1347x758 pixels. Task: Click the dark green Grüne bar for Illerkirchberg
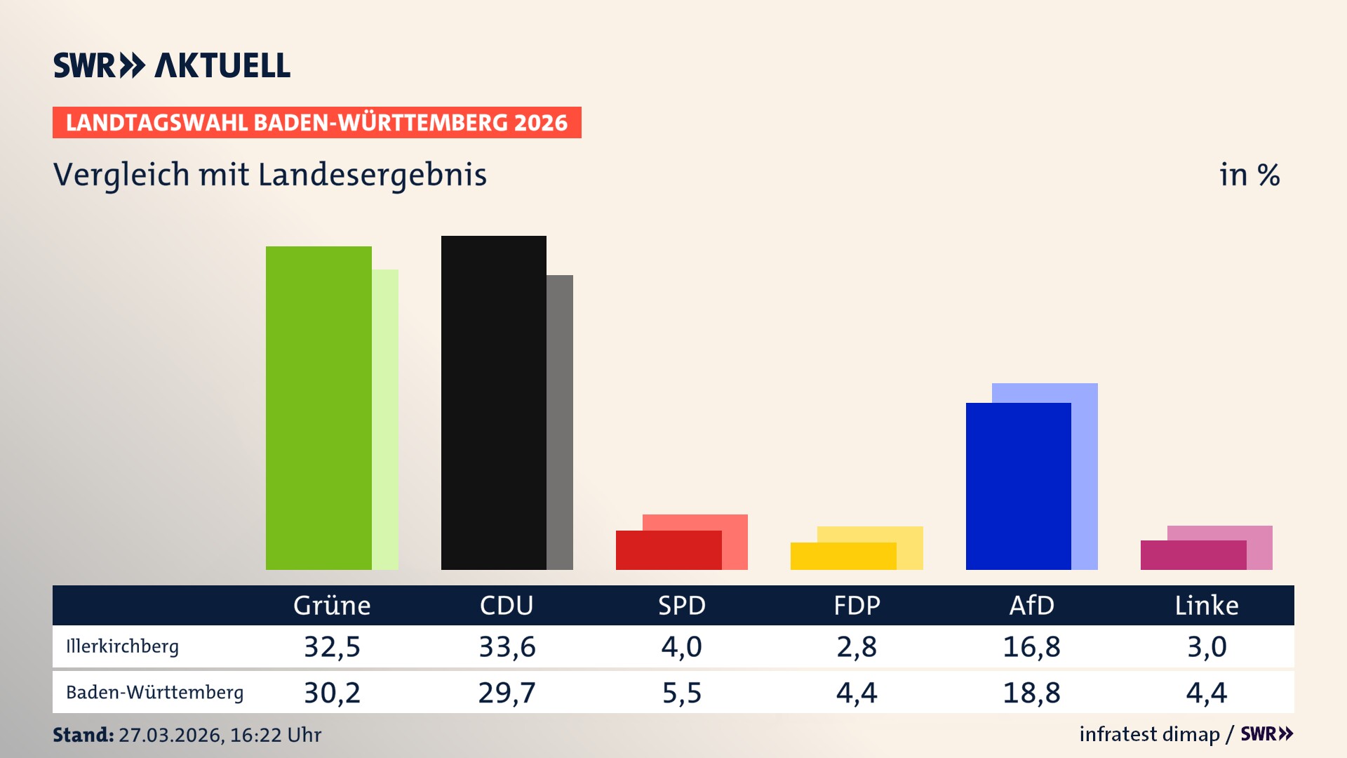[319, 407]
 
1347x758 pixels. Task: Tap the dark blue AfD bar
[1018, 486]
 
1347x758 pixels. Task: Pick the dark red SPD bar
[668, 550]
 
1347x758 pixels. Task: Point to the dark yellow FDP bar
[843, 556]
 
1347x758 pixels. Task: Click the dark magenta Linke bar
[1193, 555]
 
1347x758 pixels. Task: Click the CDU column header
[507, 606]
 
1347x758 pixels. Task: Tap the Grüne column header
[332, 606]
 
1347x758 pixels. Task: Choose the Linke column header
[1207, 606]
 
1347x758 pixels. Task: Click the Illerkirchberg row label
[122, 646]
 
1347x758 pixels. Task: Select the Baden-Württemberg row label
[154, 693]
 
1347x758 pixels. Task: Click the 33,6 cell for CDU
[507, 646]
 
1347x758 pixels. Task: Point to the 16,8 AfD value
[1031, 646]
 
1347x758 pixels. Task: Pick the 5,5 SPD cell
[681, 693]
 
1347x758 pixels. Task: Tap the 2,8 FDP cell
[857, 646]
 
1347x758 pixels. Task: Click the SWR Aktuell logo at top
[172, 65]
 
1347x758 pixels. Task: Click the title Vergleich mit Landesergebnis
[269, 175]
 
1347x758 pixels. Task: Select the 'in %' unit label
[1249, 175]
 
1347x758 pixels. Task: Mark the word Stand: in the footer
[83, 735]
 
